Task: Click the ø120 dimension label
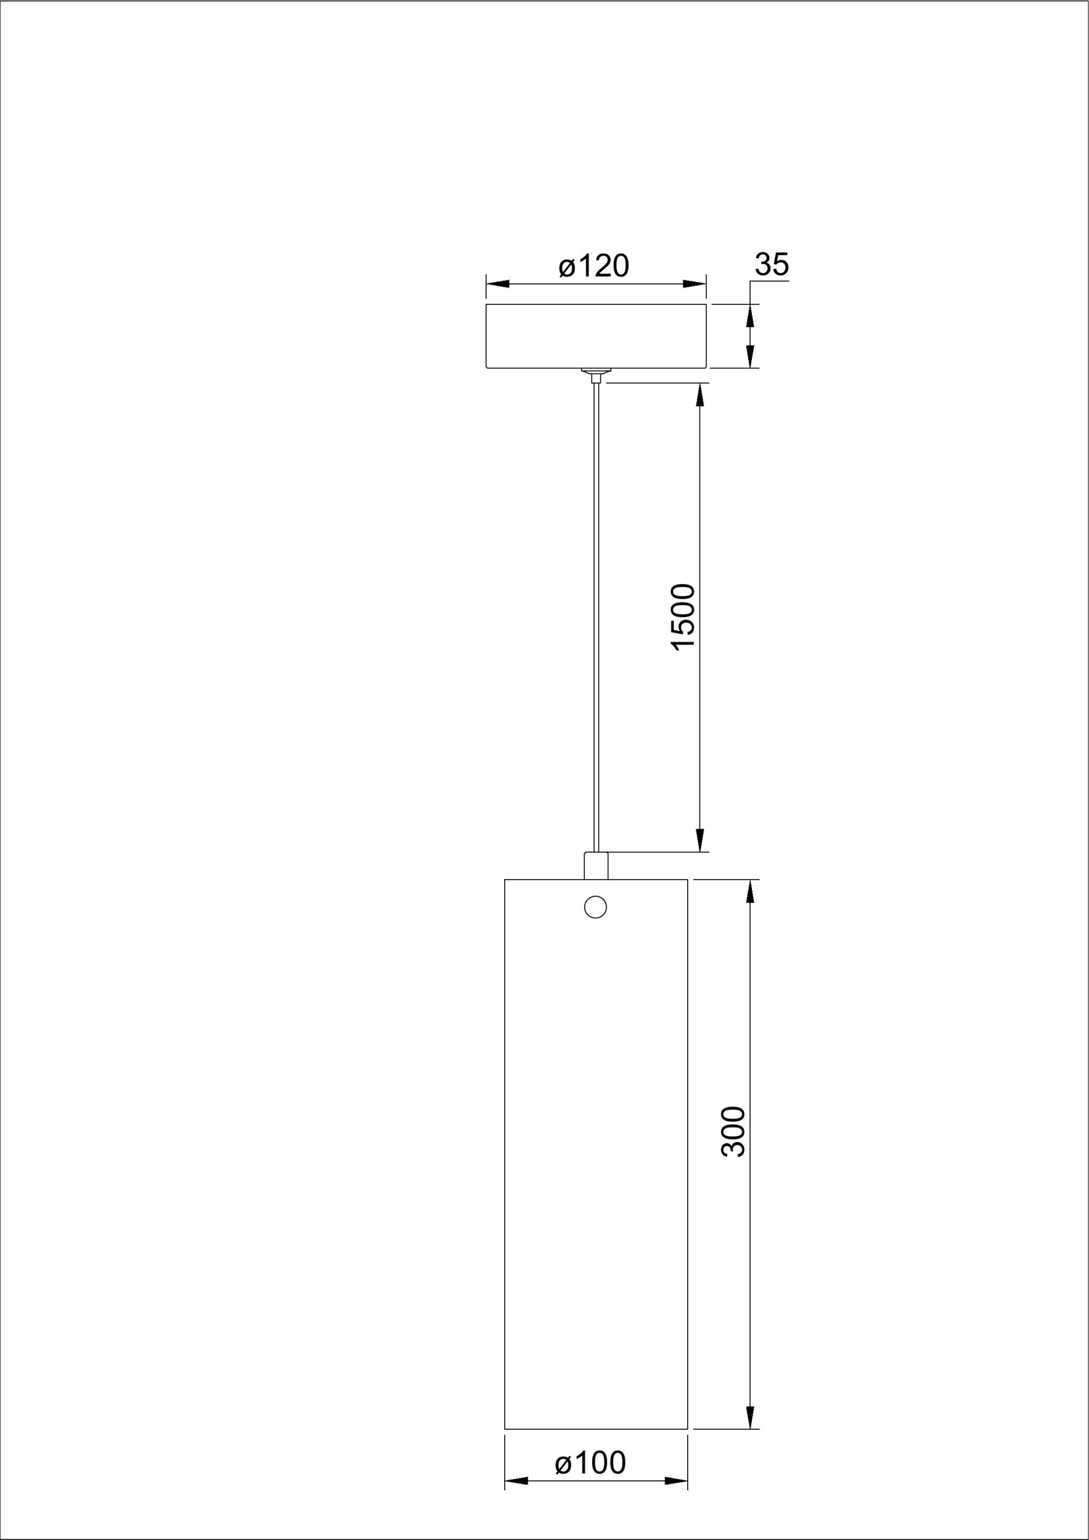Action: (x=594, y=266)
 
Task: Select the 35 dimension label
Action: (x=772, y=264)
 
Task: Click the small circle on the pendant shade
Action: (x=596, y=907)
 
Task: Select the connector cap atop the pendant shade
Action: (x=596, y=865)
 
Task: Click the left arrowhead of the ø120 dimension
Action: (x=498, y=284)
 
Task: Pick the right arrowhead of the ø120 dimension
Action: (x=695, y=284)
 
